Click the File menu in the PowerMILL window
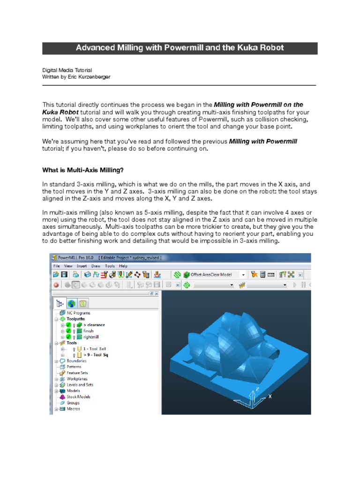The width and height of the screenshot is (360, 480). (56, 265)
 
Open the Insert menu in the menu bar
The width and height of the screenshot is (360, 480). (82, 265)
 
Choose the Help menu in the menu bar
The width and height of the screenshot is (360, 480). (123, 265)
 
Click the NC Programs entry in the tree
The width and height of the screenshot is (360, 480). (78, 313)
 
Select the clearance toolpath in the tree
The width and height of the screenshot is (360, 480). (94, 325)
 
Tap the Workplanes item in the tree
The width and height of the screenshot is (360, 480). (76, 379)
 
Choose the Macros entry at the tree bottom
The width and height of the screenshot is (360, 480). (73, 409)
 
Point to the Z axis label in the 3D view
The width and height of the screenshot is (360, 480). (257, 389)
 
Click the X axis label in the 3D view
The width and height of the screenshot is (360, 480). (270, 396)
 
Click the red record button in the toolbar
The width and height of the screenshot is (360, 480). (56, 285)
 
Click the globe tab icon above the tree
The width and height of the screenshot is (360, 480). (72, 303)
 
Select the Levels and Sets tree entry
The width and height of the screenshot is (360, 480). (80, 385)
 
